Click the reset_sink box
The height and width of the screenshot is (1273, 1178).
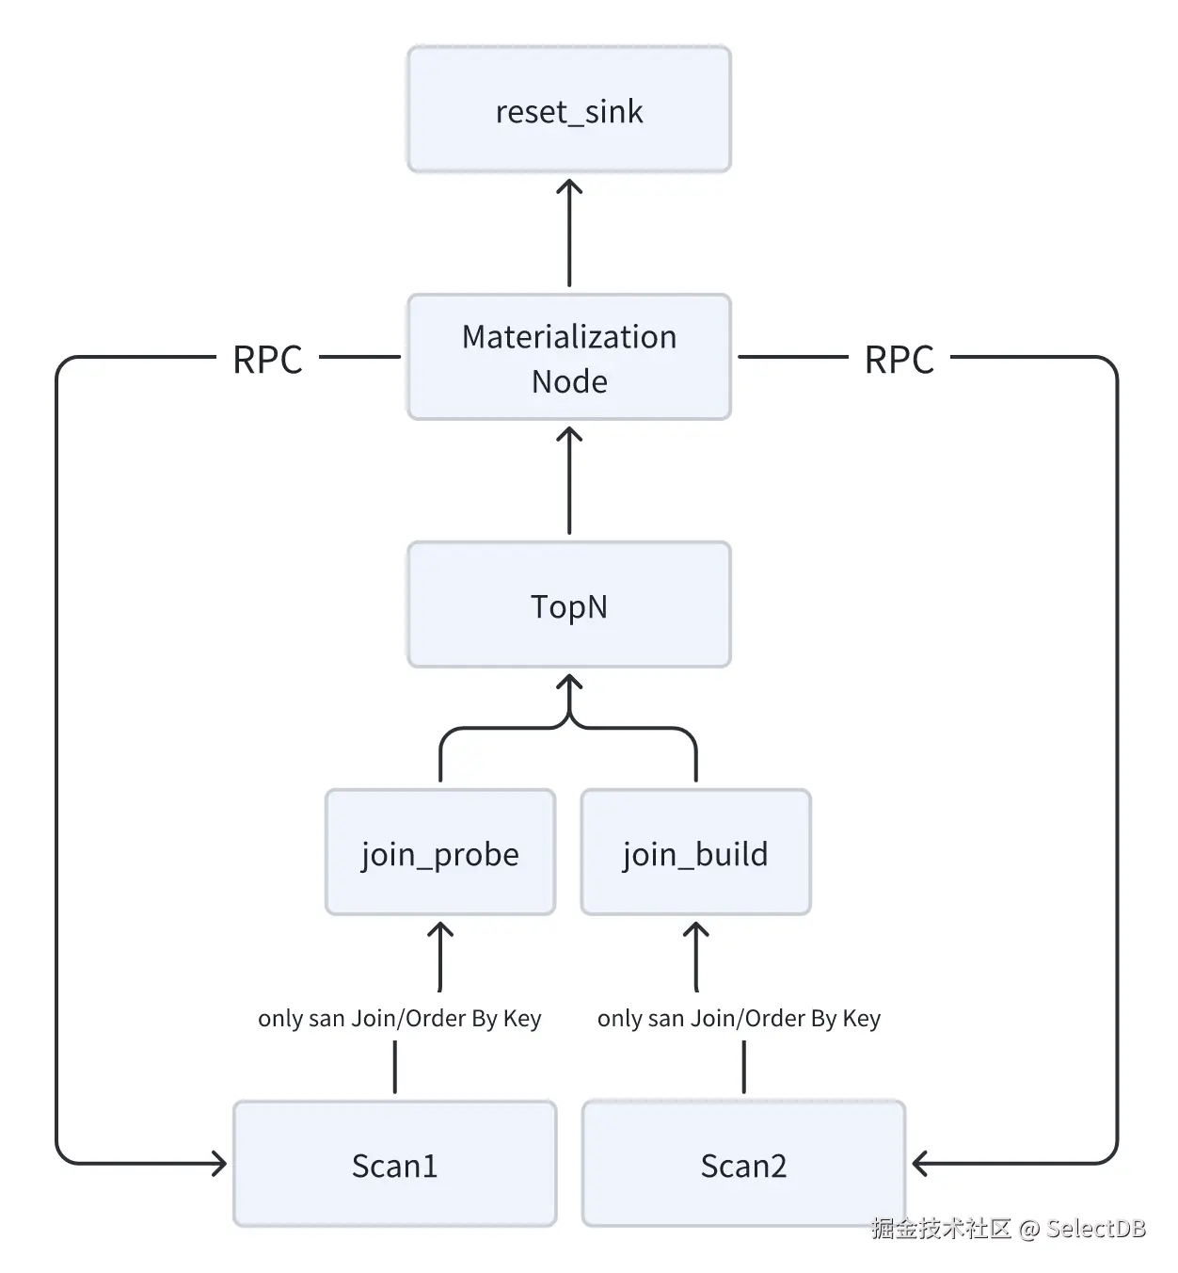tap(568, 109)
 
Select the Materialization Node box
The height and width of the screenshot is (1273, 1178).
tap(568, 357)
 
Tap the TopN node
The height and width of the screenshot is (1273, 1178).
tap(568, 604)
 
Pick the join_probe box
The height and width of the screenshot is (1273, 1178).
tap(439, 852)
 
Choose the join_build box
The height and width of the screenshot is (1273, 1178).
tap(695, 852)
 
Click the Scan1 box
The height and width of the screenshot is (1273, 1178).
tap(394, 1164)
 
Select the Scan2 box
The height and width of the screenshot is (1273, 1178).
tap(743, 1164)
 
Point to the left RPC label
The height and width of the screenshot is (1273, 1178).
tap(267, 359)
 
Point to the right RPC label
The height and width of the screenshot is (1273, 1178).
tap(899, 359)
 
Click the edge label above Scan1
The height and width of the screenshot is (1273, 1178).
tap(399, 1018)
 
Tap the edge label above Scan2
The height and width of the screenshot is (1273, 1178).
tap(739, 1018)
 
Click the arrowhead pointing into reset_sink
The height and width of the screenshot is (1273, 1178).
tap(569, 185)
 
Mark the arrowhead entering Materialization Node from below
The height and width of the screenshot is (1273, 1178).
tap(569, 434)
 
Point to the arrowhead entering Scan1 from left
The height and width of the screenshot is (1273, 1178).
tap(220, 1163)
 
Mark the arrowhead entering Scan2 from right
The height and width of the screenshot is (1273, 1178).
tap(919, 1163)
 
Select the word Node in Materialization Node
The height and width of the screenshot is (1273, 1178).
tap(569, 381)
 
